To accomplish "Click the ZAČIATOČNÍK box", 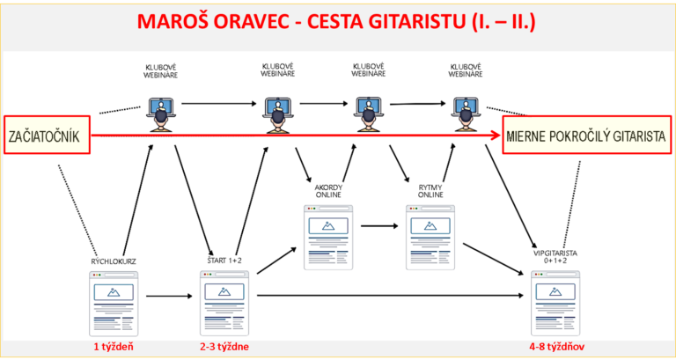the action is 47,135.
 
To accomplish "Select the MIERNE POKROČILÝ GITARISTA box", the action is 587,135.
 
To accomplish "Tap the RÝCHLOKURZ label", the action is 114,261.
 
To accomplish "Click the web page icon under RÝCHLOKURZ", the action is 114,304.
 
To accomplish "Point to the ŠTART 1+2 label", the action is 224,260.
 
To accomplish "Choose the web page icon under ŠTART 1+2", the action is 224,303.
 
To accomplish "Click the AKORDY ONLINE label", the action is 328,191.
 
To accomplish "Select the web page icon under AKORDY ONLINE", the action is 328,237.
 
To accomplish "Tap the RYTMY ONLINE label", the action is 430,191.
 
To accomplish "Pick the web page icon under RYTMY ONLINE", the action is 430,237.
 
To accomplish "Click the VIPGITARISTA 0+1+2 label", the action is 555,257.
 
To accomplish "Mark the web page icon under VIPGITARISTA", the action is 555,303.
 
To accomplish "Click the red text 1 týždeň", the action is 114,347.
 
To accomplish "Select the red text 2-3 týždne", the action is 224,347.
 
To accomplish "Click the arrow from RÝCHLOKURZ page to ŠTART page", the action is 169,297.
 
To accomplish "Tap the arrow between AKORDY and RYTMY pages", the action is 379,225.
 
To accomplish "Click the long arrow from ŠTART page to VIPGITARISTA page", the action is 390,296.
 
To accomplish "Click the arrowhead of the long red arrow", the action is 496,136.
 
